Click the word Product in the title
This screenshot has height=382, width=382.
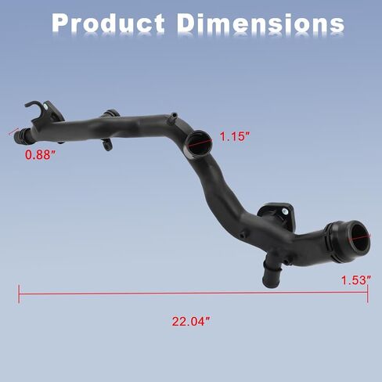[x=108, y=23]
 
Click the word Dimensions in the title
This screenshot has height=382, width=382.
[x=261, y=23]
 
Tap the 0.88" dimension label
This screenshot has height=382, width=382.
[x=41, y=154]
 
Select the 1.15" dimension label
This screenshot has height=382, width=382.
[x=235, y=136]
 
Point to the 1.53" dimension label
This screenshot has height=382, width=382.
[x=356, y=280]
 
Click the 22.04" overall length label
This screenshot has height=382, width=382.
[x=191, y=321]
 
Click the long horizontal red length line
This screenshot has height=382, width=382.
[x=193, y=294]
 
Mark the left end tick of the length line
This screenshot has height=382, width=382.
[x=19, y=294]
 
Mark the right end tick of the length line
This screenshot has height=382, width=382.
[x=368, y=294]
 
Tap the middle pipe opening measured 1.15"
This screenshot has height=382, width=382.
[x=200, y=143]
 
